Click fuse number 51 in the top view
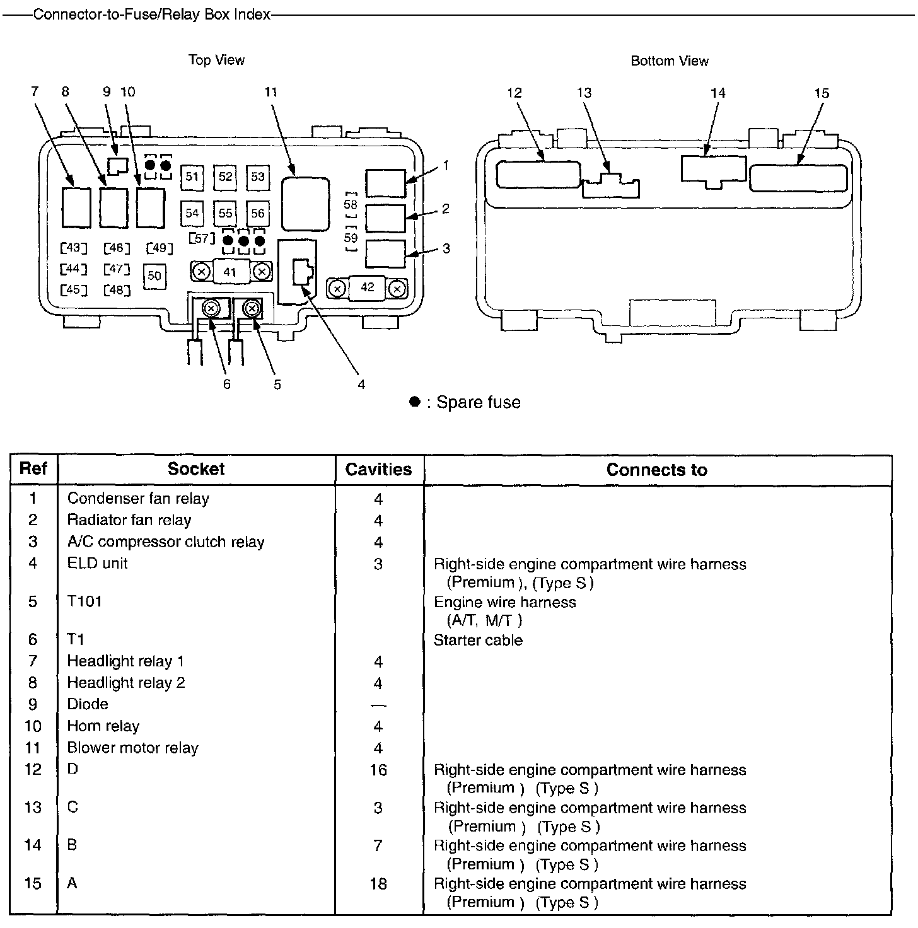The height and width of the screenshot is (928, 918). click(192, 177)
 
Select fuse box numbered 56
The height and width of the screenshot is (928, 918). click(257, 213)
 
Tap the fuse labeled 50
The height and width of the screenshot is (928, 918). click(154, 276)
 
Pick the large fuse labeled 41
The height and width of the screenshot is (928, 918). click(230, 272)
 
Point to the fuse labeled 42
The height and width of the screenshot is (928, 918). click(368, 288)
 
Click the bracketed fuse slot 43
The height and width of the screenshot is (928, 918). click(74, 248)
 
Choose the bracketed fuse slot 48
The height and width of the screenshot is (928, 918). click(117, 290)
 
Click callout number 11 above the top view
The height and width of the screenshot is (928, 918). click(271, 92)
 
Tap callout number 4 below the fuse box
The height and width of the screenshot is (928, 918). click(361, 384)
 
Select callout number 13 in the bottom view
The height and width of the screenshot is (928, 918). click(584, 93)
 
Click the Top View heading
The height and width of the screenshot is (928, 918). click(216, 60)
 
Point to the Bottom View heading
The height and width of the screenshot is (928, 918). click(670, 61)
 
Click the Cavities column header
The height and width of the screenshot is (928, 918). click(378, 470)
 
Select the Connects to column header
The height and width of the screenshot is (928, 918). click(656, 470)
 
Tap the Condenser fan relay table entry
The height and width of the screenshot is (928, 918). click(138, 499)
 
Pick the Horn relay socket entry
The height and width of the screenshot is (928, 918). click(103, 726)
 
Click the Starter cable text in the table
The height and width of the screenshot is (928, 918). click(478, 641)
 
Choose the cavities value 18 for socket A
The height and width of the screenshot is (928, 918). click(378, 884)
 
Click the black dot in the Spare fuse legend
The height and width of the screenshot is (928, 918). click(414, 402)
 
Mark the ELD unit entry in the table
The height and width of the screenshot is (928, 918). click(98, 563)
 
